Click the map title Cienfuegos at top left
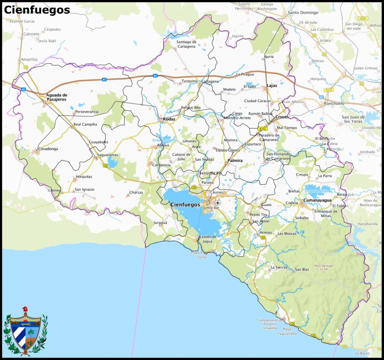37,10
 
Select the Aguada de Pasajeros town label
56,97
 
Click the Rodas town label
169,119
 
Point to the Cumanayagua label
318,200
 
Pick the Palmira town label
235,161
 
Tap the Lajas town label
272,86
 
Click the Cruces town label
282,117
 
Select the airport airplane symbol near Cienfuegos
218,203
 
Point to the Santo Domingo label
303,12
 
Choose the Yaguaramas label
107,155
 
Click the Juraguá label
160,223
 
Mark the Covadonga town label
48,149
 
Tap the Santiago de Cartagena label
186,44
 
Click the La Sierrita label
279,268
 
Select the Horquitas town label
84,177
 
